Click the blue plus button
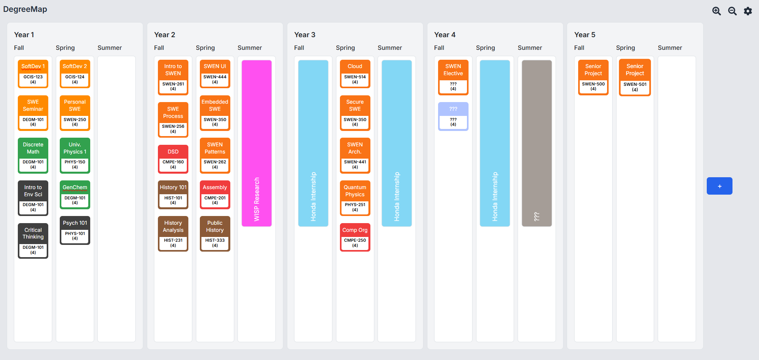[719, 186]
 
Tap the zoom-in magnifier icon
[716, 11]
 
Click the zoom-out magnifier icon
[732, 11]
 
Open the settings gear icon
[748, 11]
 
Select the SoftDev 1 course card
[33, 74]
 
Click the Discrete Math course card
[33, 155]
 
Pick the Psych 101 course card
[75, 230]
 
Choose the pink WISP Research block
[256, 143]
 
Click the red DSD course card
[173, 159]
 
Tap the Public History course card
[215, 233]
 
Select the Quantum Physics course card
[355, 198]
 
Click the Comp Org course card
[355, 237]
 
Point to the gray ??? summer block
[537, 143]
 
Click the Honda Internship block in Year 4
[495, 143]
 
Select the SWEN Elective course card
[453, 77]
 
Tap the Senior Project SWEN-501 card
[635, 78]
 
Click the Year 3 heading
[305, 35]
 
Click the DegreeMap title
[25, 9]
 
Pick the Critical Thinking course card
[33, 241]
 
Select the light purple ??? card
[453, 116]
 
